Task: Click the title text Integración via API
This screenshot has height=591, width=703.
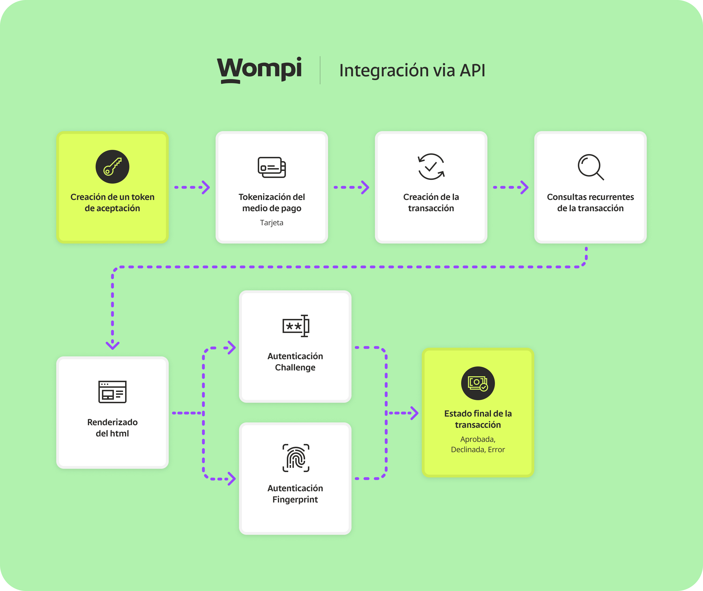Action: (x=412, y=70)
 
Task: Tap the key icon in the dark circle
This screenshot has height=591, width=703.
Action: (x=112, y=166)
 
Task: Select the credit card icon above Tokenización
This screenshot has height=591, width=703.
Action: (x=272, y=167)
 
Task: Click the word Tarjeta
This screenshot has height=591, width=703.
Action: (x=272, y=223)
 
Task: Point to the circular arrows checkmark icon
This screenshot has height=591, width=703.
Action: (x=431, y=166)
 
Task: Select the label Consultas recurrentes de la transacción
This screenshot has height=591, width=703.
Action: (x=590, y=202)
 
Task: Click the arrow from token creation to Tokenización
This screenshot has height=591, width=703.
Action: (x=192, y=187)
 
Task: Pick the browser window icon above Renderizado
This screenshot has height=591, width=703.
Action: (x=112, y=392)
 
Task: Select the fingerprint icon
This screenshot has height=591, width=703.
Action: (x=296, y=458)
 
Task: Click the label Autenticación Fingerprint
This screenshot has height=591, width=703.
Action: (x=295, y=494)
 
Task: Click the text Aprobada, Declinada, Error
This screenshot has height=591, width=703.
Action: (x=478, y=444)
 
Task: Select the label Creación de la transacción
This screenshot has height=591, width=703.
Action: (x=431, y=202)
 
